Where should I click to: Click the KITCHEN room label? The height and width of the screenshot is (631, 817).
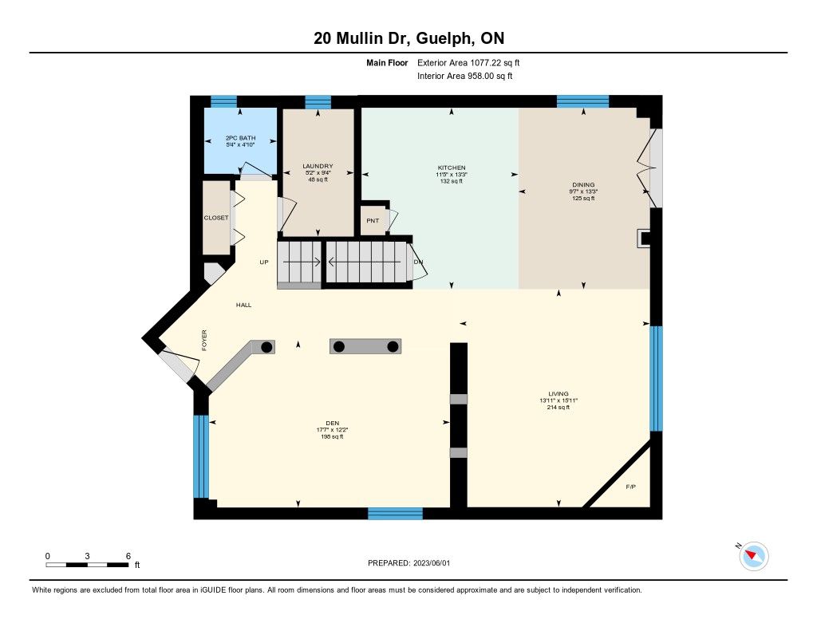(x=452, y=168)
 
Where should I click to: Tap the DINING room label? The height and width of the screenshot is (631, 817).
(x=583, y=184)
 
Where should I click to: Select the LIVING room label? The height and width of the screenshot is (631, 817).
(x=558, y=394)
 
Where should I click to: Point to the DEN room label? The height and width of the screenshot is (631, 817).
(x=333, y=423)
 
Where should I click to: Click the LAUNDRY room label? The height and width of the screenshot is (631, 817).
(x=318, y=166)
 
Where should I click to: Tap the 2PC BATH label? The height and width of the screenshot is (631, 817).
(x=240, y=138)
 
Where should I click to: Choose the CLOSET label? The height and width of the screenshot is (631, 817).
(x=216, y=218)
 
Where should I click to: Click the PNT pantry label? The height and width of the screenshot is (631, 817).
(x=373, y=220)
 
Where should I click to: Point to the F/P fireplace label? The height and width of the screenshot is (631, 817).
(x=630, y=487)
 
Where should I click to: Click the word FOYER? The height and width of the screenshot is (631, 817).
(x=204, y=341)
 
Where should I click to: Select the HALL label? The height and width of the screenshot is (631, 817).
(x=243, y=305)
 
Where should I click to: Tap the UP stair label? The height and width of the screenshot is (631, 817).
(x=264, y=262)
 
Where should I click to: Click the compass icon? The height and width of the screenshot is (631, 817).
(x=753, y=555)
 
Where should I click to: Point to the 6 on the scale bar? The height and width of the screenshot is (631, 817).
(x=128, y=556)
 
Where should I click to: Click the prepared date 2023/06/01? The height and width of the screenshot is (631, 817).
(x=432, y=562)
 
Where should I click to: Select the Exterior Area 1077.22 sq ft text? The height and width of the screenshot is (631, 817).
(x=468, y=62)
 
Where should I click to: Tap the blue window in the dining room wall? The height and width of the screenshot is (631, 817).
(x=582, y=101)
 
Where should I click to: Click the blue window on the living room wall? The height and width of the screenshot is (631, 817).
(x=657, y=379)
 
